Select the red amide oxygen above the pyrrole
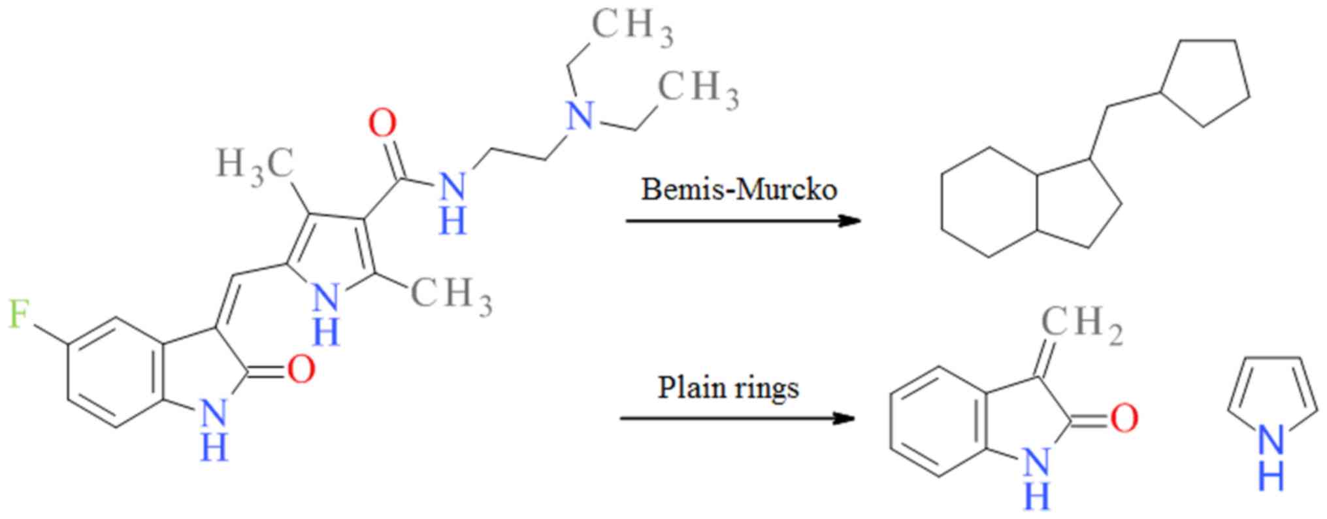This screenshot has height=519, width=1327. [x=382, y=124]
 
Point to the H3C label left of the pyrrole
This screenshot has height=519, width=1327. [x=254, y=163]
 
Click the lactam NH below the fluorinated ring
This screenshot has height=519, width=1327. [x=214, y=428]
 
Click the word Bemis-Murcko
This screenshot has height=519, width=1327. [x=739, y=190]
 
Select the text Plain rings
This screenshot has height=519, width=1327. [x=728, y=387]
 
